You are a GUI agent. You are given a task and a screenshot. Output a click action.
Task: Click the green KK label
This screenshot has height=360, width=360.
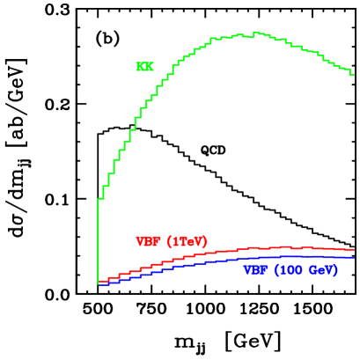click(x=144, y=67)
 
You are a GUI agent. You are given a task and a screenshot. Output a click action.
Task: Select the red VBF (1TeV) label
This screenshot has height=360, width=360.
click(x=172, y=241)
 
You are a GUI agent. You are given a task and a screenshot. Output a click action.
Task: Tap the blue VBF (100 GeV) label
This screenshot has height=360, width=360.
click(x=290, y=270)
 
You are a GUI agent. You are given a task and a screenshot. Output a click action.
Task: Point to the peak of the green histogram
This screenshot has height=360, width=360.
click(x=256, y=33)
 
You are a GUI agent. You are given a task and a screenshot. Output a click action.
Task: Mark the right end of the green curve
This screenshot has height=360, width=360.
click(x=354, y=75)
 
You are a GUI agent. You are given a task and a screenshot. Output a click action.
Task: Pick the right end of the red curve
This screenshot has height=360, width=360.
click(x=355, y=249)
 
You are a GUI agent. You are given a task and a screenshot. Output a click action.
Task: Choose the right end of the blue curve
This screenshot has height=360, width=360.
click(x=355, y=257)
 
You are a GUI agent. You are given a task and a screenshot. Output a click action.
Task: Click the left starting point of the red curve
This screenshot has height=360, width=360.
click(x=99, y=282)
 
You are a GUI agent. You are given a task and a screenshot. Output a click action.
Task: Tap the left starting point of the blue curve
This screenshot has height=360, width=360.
click(x=99, y=285)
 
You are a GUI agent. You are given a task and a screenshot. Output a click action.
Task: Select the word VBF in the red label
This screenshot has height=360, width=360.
click(x=149, y=241)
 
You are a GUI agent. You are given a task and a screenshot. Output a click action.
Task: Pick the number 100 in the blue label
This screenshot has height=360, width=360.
click(x=288, y=270)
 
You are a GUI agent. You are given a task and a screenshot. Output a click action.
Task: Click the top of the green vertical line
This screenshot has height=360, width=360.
click(x=98, y=200)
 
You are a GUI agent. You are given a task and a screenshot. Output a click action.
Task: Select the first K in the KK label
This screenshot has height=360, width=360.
click(x=140, y=67)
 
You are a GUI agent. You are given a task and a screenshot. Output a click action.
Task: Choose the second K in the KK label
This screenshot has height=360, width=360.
click(x=149, y=67)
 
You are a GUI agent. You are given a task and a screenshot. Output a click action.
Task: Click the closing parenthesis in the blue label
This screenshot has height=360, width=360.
click(x=336, y=270)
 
